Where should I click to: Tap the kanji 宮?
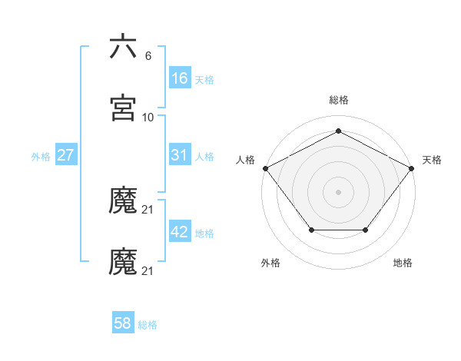123,108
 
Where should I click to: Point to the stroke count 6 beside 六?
148,56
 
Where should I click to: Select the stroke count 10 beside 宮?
148,118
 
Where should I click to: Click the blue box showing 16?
180,78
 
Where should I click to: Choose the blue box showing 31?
180,155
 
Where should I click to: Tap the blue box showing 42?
180,232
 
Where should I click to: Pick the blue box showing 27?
66,155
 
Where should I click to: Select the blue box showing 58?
123,324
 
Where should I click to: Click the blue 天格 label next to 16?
204,80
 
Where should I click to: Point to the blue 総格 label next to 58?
148,326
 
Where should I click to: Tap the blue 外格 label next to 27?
41,157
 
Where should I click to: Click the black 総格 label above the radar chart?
338,100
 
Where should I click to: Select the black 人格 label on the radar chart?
245,160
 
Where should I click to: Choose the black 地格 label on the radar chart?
403,263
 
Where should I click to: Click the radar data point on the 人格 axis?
265,167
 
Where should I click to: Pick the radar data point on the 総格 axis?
338,131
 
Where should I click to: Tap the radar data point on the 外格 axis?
311,230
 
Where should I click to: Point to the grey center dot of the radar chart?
338,191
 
